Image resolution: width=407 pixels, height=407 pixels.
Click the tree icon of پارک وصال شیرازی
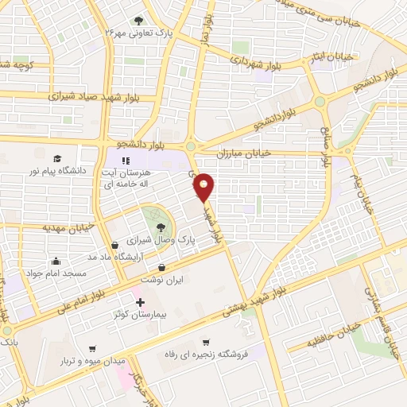coord(149,227)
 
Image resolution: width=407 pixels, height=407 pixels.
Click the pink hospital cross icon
coord(140,303)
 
